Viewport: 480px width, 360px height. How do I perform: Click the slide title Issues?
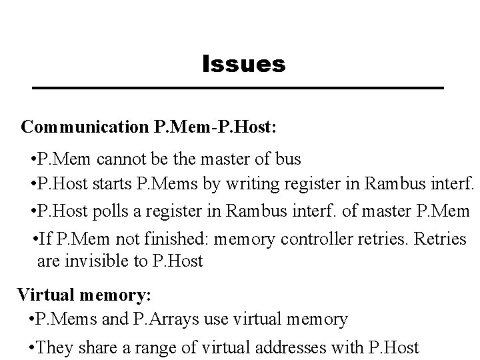(244, 65)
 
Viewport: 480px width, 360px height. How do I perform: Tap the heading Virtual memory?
(84, 294)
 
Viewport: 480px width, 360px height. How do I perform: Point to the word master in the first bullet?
(226, 160)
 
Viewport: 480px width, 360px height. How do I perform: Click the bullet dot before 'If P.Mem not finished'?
(35, 238)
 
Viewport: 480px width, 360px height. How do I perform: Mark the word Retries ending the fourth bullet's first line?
(440, 238)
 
